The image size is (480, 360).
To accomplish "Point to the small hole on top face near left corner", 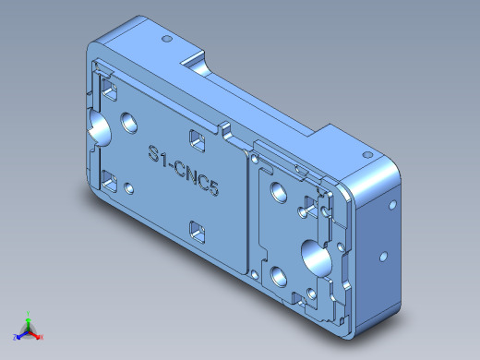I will [x=166, y=40].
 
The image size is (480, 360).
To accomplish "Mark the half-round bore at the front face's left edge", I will [x=97, y=128].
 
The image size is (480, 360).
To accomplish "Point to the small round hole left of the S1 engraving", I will [x=129, y=188].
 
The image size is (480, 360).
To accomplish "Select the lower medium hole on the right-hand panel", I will [x=277, y=273].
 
